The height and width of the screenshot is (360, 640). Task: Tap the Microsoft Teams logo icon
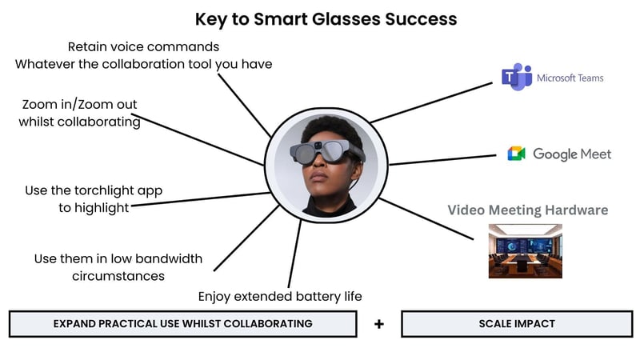511,77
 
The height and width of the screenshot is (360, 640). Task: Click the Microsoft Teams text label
570,78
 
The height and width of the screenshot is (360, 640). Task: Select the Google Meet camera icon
516,154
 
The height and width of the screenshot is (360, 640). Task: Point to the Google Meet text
571,154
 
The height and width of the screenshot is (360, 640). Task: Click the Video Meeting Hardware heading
527,210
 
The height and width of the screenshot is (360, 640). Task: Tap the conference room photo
525,250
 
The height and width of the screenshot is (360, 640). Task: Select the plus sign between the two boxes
379,324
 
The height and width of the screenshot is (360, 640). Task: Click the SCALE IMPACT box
516,324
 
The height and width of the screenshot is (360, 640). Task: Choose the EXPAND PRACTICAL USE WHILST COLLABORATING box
182,324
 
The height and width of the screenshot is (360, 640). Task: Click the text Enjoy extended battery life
280,296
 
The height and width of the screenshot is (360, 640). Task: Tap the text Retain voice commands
143,46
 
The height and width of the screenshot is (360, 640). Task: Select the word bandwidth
164,259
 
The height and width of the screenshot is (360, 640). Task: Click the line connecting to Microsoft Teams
432,100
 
